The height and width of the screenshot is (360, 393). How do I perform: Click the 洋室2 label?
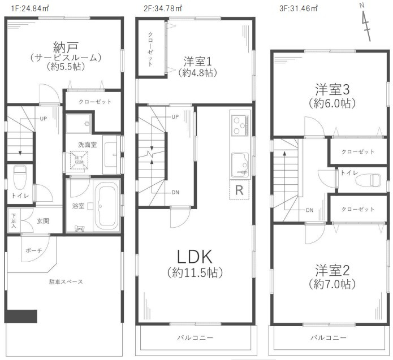(331, 268)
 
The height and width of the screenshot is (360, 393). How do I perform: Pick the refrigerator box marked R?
(239, 190)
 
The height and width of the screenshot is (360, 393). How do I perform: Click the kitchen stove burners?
(238, 123)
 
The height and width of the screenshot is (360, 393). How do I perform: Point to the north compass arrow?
(366, 23)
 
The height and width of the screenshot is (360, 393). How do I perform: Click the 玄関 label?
(42, 222)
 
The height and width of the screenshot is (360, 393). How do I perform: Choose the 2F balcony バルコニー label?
(194, 337)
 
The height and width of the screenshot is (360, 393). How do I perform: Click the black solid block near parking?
(21, 315)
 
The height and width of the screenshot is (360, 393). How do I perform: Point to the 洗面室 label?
(87, 145)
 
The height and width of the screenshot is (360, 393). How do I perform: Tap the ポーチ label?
(32, 249)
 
